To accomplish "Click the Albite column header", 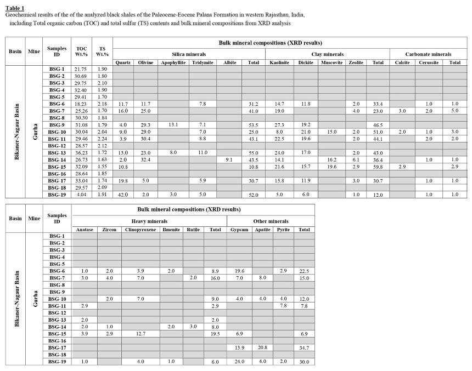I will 230,62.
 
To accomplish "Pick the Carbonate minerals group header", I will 428,54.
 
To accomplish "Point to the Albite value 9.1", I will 230,159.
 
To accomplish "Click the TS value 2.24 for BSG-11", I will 102,139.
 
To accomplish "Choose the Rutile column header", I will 193,230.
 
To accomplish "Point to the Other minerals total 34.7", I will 304,347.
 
